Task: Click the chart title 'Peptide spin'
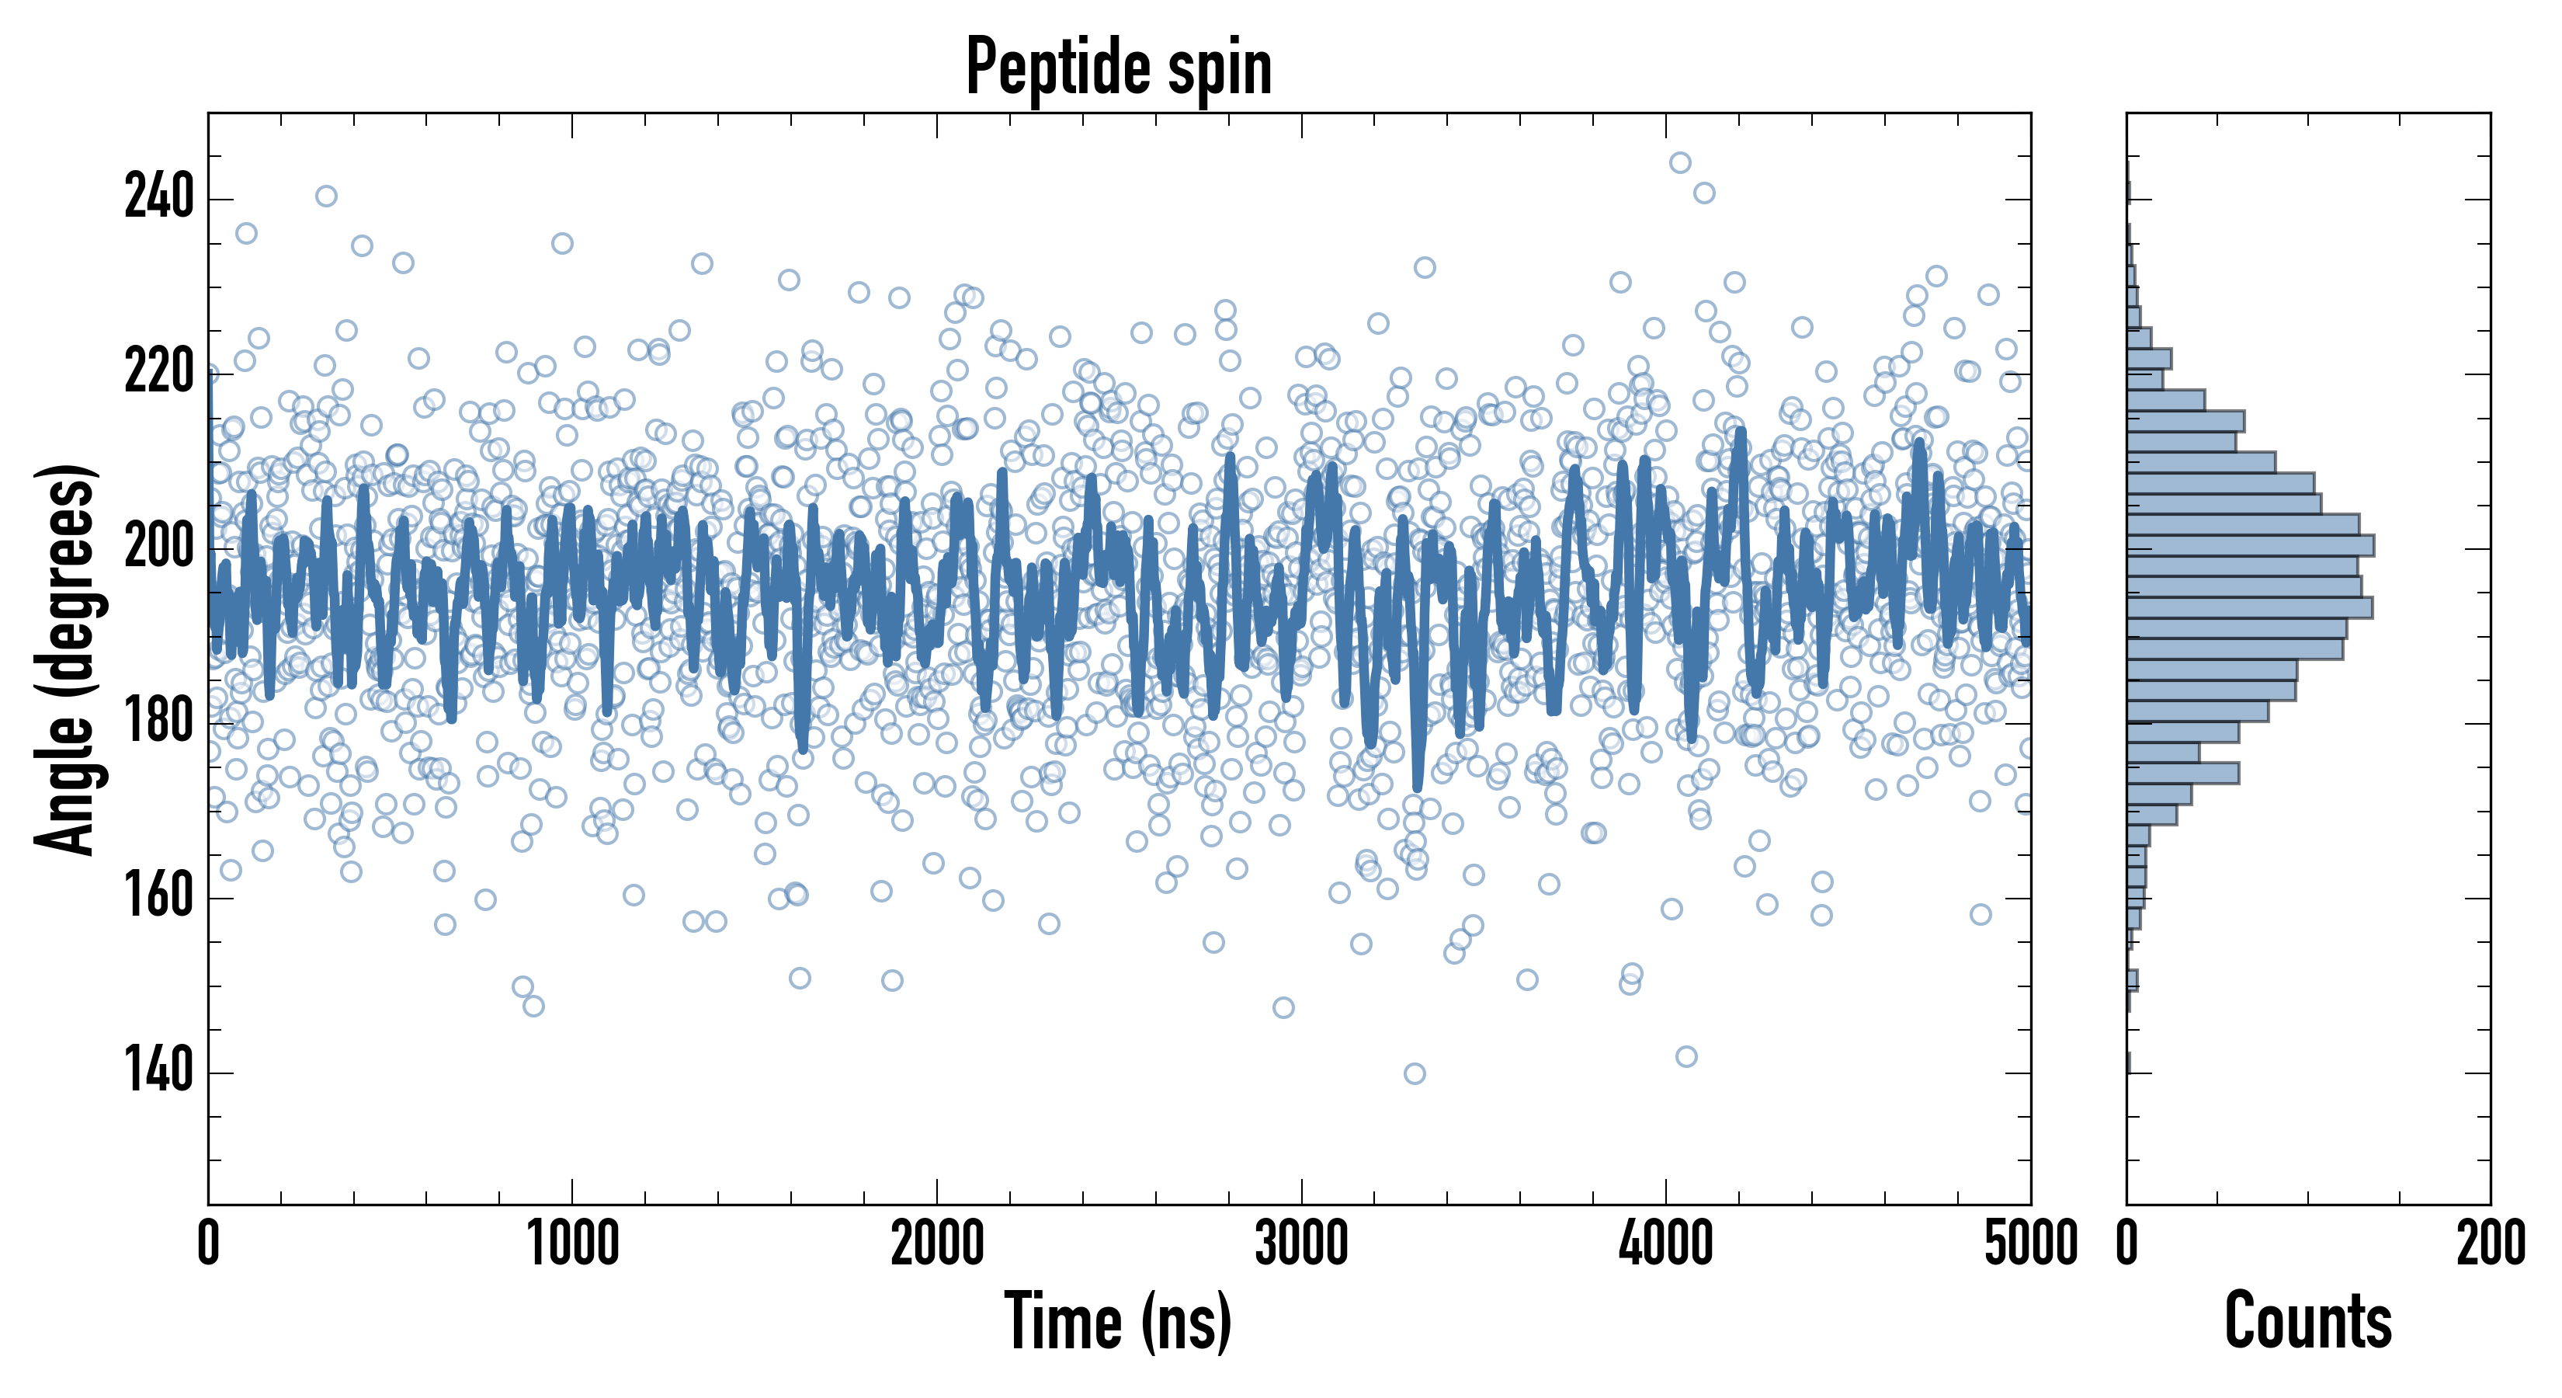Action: pyautogui.click(x=1119, y=67)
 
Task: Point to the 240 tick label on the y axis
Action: pyautogui.click(x=159, y=198)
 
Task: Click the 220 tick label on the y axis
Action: pyautogui.click(x=159, y=373)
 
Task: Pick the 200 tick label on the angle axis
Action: pyautogui.click(x=159, y=548)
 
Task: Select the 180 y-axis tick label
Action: pyautogui.click(x=159, y=723)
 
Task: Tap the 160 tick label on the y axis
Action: pyautogui.click(x=159, y=898)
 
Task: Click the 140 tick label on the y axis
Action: pyautogui.click(x=159, y=1073)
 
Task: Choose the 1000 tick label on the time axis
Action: pyautogui.click(x=573, y=1243)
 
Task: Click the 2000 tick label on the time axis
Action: pyautogui.click(x=937, y=1243)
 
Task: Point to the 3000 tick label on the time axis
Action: pyautogui.click(x=1301, y=1243)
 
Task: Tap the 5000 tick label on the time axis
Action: pyautogui.click(x=2029, y=1243)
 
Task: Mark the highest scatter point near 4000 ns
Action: pyautogui.click(x=1680, y=162)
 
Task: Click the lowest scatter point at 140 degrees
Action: pyautogui.click(x=1415, y=1073)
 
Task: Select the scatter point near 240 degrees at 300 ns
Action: pyautogui.click(x=326, y=196)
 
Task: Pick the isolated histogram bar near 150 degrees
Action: pyautogui.click(x=2133, y=980)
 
